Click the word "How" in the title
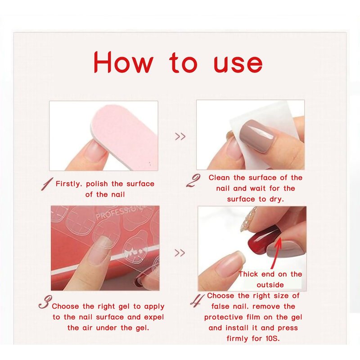tap(123, 62)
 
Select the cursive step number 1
tap(47, 184)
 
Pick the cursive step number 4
tap(197, 301)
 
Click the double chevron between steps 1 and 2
tap(180, 136)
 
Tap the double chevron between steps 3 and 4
tap(180, 253)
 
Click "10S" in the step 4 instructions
tap(273, 338)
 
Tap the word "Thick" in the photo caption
tap(248, 274)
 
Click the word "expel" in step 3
tap(154, 317)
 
